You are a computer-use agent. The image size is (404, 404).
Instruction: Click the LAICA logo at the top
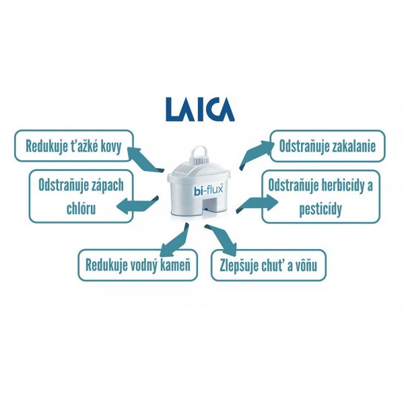coord(200,109)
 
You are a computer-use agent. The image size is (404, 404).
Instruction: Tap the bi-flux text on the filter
coord(208,191)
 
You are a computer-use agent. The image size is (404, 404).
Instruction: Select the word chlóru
coord(81,208)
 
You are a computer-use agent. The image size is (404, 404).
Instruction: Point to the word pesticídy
coord(321,209)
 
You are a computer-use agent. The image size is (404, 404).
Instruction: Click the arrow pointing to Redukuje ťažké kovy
coord(145,160)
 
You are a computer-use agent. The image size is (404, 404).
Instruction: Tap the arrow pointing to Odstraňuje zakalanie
coord(255,155)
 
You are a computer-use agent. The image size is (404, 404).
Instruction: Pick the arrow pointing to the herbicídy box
coord(257,203)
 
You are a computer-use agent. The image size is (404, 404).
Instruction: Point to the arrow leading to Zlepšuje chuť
coord(221,239)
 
